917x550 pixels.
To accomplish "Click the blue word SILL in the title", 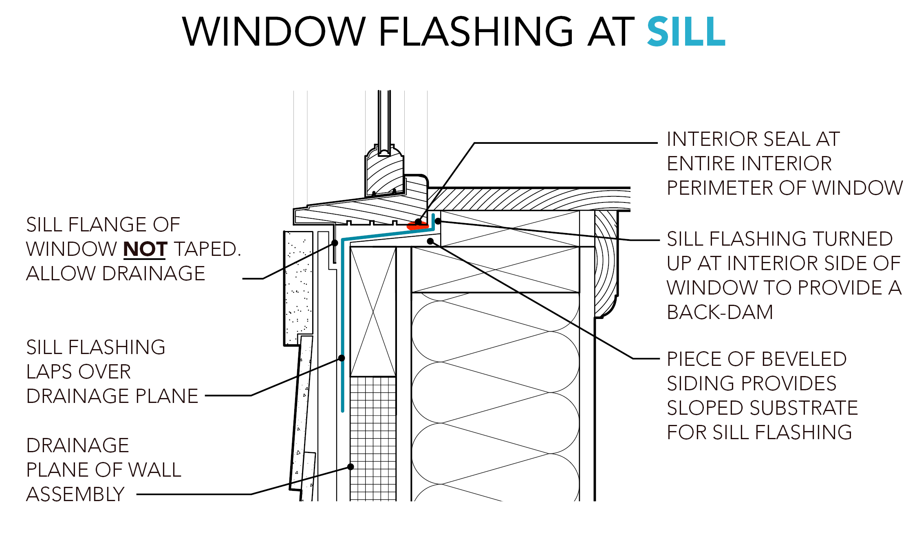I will click(x=686, y=32).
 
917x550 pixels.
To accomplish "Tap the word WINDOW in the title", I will click(x=274, y=32).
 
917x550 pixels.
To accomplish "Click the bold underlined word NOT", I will click(x=145, y=249).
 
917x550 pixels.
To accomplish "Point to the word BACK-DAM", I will click(x=720, y=312).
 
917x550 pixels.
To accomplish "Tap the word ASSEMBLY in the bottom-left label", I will click(x=75, y=494).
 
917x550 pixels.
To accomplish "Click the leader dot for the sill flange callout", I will click(x=335, y=243).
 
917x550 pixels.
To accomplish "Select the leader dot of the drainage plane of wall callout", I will click(x=350, y=467).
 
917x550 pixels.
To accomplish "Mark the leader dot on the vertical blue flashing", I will click(x=342, y=358).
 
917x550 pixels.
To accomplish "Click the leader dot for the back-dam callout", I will click(x=438, y=221).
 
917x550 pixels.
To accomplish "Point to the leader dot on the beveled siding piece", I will click(x=430, y=241).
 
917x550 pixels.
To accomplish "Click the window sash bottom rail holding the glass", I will click(x=384, y=173).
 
